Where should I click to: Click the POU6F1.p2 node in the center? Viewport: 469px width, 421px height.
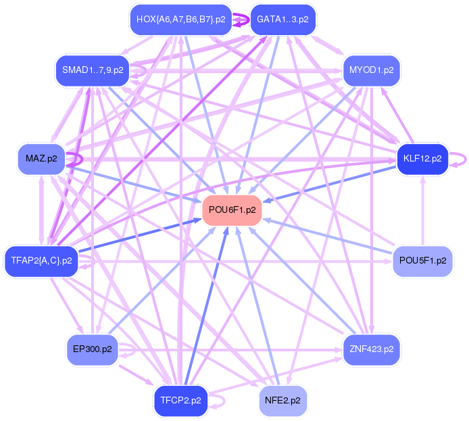coord(232,210)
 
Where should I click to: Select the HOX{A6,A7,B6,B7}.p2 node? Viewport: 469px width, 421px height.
coord(180,20)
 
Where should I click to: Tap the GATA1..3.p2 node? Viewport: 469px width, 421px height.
coord(282,20)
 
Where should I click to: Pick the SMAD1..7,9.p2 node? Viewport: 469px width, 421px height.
coord(93,70)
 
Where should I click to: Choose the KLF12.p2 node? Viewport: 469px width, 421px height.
coord(422,159)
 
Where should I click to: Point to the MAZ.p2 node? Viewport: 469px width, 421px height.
coord(41,159)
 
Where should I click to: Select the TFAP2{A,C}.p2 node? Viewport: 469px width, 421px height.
coord(42,260)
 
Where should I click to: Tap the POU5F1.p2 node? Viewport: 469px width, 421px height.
coord(423,260)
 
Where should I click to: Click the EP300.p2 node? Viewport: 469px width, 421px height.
coord(93,349)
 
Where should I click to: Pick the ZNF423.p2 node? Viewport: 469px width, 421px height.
coord(372,349)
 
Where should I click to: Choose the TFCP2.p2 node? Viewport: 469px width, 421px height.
coord(180,400)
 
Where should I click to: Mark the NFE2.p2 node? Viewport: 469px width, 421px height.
coord(282,400)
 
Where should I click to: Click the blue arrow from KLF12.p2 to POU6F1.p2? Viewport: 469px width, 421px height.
coord(331,183)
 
